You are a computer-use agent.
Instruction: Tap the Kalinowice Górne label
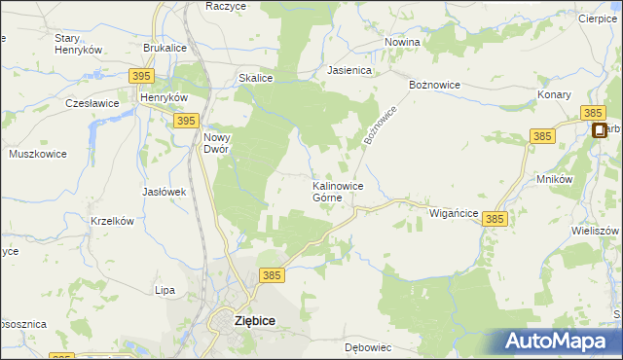(x=338, y=191)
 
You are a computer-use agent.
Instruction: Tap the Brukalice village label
(x=165, y=48)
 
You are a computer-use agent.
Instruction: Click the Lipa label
(x=165, y=290)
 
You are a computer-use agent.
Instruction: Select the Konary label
(x=554, y=95)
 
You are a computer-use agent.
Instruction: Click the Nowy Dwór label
(x=216, y=143)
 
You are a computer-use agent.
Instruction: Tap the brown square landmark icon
(x=599, y=130)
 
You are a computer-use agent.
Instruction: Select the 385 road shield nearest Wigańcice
(x=495, y=221)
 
